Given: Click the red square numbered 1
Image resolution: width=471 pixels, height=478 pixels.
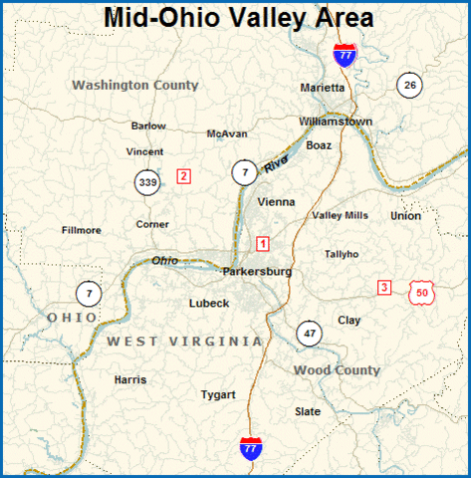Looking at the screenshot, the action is [x=263, y=243].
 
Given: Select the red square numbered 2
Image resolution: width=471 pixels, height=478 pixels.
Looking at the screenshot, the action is [x=183, y=176].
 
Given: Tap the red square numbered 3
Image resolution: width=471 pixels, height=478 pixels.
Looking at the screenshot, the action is [x=384, y=288].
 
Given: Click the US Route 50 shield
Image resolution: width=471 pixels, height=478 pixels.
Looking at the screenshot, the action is [x=422, y=292].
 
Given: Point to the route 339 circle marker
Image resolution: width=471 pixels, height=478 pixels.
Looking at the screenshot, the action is [x=148, y=182].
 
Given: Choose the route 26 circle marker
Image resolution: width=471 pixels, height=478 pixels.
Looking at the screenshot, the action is [x=409, y=86].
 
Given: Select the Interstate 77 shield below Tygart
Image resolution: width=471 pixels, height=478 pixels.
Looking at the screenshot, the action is [x=252, y=447].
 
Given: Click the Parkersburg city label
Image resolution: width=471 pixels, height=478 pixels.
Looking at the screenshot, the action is [x=257, y=271].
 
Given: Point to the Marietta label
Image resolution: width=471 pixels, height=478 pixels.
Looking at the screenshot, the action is [x=323, y=88].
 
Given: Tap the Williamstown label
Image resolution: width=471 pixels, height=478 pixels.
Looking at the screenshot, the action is [x=335, y=121].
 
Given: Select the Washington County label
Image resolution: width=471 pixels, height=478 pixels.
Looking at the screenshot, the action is [x=135, y=86].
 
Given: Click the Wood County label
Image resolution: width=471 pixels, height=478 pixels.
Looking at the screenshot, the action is [x=337, y=370].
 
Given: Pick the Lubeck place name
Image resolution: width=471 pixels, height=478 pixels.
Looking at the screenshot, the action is [x=209, y=303].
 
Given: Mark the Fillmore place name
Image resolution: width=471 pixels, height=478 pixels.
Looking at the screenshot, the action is [x=82, y=230].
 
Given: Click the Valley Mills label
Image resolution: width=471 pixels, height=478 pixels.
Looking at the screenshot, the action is [x=341, y=215].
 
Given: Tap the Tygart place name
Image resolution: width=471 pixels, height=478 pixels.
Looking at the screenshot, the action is [x=218, y=394].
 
